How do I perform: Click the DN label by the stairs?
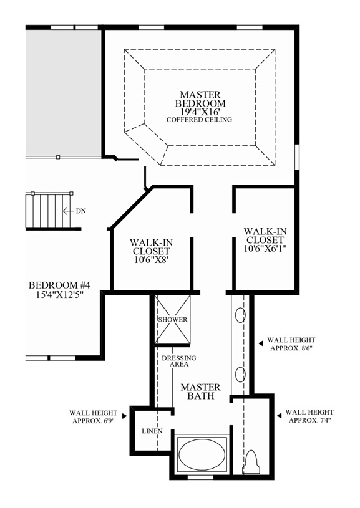click(x=80, y=211)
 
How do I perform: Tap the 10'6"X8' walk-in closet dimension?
click(x=150, y=262)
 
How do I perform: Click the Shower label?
click(x=172, y=320)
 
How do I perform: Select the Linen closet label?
click(x=152, y=431)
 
